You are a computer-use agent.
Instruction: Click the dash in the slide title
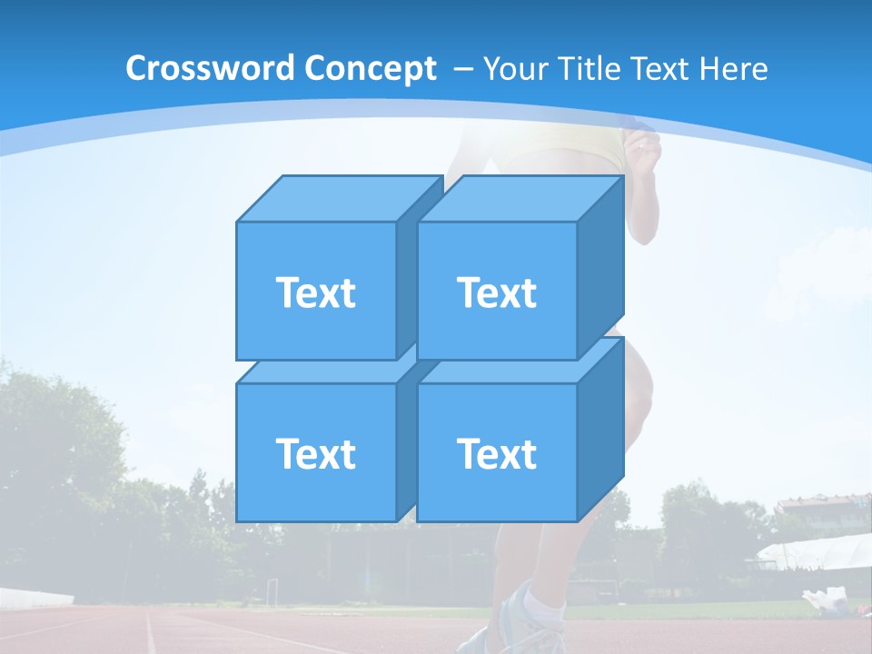pyautogui.click(x=461, y=69)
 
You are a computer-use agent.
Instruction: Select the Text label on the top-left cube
pyautogui.click(x=316, y=292)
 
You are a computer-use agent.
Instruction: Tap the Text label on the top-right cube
pyautogui.click(x=497, y=292)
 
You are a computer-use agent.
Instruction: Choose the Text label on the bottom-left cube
pyautogui.click(x=316, y=453)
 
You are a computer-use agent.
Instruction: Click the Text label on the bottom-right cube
pyautogui.click(x=497, y=453)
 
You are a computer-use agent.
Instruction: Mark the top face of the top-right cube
pyautogui.click(x=520, y=198)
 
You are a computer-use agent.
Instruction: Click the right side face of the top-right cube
pyautogui.click(x=600, y=268)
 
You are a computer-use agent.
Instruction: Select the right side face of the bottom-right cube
pyautogui.click(x=600, y=427)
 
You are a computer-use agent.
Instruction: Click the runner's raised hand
pyautogui.click(x=646, y=145)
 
